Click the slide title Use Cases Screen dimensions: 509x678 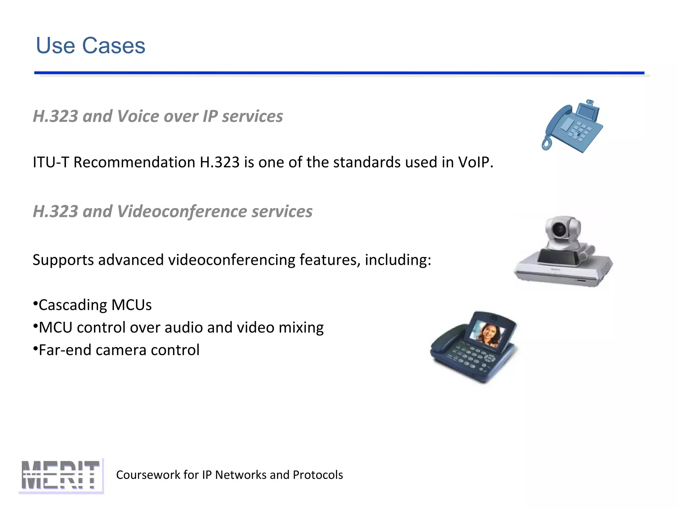pyautogui.click(x=90, y=45)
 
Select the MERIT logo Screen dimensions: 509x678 pyautogui.click(x=61, y=475)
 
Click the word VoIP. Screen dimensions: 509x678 pyautogui.click(x=475, y=162)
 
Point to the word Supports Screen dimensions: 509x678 pyautogui.click(x=63, y=260)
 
